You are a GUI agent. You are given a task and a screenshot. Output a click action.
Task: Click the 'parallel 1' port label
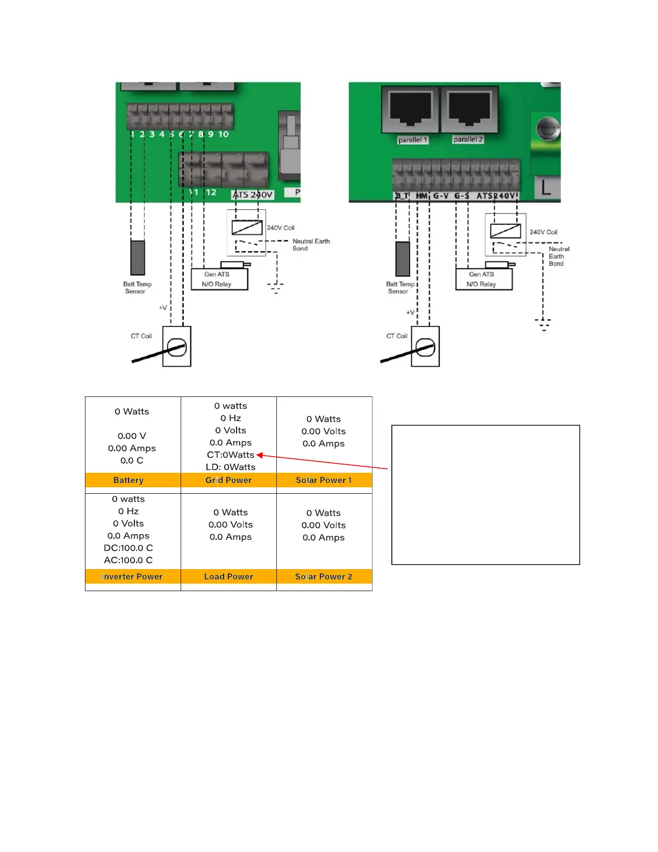(412, 140)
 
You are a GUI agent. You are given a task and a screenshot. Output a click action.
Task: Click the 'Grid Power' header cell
(228, 480)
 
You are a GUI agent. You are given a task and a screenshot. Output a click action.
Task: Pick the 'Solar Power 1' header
(324, 480)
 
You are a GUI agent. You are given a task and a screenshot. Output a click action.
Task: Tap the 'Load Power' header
(228, 576)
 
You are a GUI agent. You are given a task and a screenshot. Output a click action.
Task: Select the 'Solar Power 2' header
(324, 576)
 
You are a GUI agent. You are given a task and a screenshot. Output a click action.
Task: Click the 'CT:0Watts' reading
(230, 455)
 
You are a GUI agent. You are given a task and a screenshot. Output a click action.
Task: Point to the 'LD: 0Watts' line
(231, 467)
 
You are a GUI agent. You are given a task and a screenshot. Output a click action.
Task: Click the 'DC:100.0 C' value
(128, 548)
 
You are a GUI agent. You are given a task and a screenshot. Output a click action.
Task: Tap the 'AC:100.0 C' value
(128, 560)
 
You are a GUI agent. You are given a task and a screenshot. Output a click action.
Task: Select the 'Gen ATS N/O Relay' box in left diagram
(219, 279)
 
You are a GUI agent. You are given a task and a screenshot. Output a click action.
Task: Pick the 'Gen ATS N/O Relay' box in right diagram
(484, 279)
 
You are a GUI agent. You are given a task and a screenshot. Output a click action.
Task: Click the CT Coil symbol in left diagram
(177, 347)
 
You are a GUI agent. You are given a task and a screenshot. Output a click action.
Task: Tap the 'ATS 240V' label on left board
(253, 195)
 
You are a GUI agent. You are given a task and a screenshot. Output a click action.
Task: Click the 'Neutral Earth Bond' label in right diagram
(558, 256)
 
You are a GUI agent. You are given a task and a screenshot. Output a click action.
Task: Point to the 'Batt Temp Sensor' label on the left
(137, 288)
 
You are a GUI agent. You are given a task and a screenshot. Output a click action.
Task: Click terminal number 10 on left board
(223, 134)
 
